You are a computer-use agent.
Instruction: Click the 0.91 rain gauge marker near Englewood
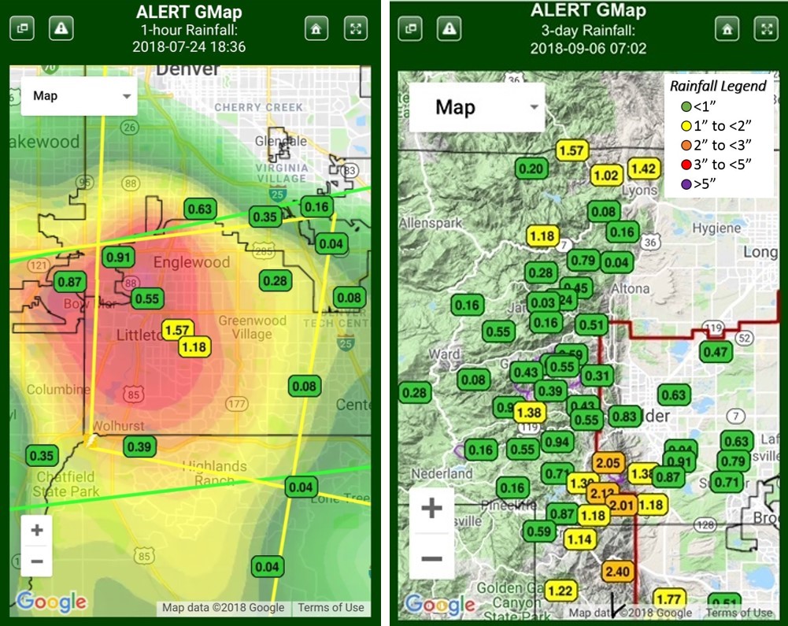coord(117,257)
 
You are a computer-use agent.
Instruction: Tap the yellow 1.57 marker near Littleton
coord(178,330)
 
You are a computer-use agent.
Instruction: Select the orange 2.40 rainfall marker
coord(618,572)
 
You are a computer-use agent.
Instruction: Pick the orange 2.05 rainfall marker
coord(608,463)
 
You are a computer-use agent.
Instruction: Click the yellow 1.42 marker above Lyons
coord(643,169)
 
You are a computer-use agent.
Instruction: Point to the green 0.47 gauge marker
coord(716,352)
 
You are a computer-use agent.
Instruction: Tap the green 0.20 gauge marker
coord(531,168)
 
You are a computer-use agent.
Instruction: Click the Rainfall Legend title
coord(716,86)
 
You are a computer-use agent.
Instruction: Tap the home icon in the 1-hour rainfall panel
coord(316,28)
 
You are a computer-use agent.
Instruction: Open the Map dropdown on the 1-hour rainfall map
coord(80,96)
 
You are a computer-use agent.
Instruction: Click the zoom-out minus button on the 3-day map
coord(431,557)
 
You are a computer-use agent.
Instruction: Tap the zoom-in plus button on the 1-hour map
coord(36,530)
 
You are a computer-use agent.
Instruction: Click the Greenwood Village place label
coord(252,327)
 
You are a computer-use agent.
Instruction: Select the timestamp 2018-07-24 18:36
coord(189,46)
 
